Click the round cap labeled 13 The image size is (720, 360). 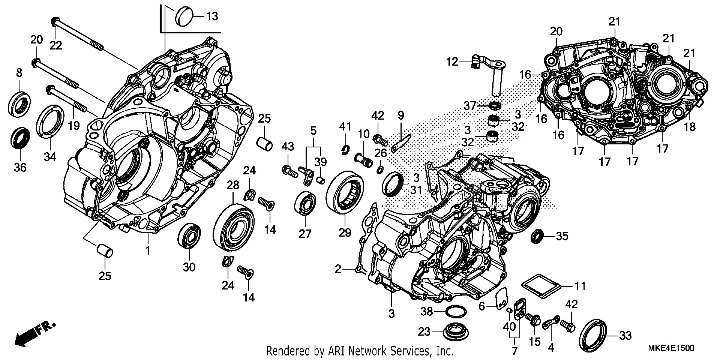coord(184,16)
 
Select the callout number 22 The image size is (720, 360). coord(56,45)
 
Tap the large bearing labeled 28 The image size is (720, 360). coord(234,227)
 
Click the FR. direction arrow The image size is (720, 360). coord(34,333)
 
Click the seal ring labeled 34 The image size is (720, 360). coord(50,122)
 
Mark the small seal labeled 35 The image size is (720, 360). coord(537,236)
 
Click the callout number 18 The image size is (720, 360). coord(690,127)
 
